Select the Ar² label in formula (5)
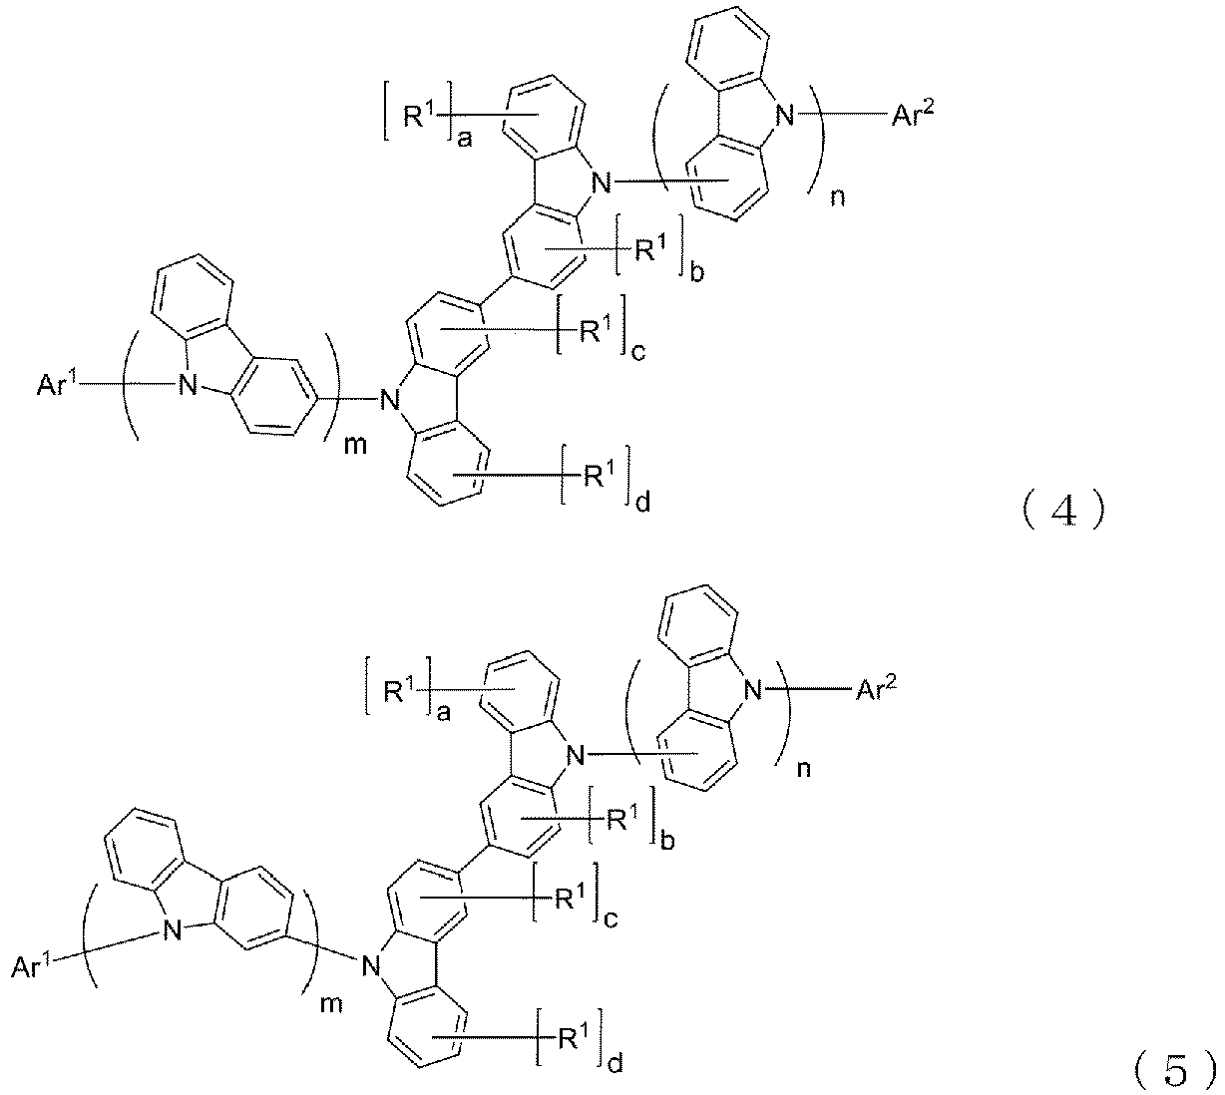pos(876,690)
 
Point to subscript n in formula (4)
pos(837,197)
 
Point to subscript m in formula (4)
pos(355,445)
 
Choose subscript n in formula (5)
pos(804,770)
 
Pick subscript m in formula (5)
pos(331,1004)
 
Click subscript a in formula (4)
pos(465,142)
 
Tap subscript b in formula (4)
pos(697,272)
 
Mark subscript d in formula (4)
pos(642,502)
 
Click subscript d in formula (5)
pos(615,1061)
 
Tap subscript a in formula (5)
pos(443,714)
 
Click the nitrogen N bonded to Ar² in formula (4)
pos(784,115)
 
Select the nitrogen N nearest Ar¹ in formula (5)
pos(173,930)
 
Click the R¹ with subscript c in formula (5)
pos(570,899)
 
